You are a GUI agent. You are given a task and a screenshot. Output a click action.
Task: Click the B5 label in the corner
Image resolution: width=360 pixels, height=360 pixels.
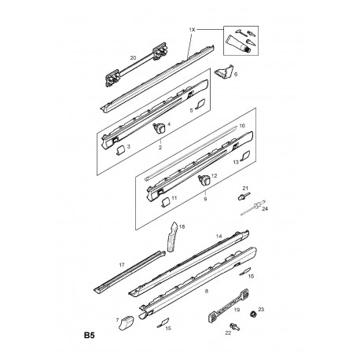pyautogui.click(x=89, y=336)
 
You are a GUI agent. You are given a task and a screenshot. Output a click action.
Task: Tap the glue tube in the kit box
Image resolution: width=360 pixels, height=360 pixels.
pyautogui.click(x=238, y=44)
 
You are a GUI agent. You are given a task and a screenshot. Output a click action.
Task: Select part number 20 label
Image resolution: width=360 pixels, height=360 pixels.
pyautogui.click(x=133, y=57)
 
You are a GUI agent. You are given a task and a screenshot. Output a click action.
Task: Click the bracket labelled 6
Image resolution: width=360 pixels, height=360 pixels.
pyautogui.click(x=224, y=72)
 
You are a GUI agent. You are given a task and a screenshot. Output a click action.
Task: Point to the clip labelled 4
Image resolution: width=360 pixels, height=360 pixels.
pyautogui.click(x=159, y=128)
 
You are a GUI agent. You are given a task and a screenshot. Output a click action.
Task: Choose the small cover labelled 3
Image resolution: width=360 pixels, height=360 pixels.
pyautogui.click(x=120, y=151)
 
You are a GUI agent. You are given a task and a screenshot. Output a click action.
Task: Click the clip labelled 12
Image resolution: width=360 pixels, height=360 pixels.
pyautogui.click(x=204, y=179)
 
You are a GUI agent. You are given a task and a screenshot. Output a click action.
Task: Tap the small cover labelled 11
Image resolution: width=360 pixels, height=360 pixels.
pyautogui.click(x=165, y=202)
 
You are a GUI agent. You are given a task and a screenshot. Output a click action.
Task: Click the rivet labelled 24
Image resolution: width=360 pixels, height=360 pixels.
pyautogui.click(x=253, y=208)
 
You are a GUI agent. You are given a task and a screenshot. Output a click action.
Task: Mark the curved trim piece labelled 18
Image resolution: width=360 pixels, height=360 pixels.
pyautogui.click(x=172, y=237)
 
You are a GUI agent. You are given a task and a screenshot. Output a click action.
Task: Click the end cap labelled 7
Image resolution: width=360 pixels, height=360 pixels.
pyautogui.click(x=126, y=323)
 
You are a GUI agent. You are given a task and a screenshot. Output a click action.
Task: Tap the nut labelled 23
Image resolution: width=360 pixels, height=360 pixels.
pyautogui.click(x=253, y=314)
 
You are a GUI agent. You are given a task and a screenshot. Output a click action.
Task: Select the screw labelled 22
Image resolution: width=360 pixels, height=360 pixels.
pyautogui.click(x=235, y=326)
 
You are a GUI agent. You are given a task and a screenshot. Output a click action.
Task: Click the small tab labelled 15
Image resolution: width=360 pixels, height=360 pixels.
pyautogui.click(x=163, y=322)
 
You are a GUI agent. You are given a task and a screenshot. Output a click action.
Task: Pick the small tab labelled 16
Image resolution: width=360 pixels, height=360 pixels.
pyautogui.click(x=245, y=271)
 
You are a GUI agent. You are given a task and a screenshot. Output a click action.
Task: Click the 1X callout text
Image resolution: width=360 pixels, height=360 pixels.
pyautogui.click(x=192, y=30)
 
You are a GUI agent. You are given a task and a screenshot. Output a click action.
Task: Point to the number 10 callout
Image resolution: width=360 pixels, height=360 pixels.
pyautogui.click(x=242, y=126)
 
